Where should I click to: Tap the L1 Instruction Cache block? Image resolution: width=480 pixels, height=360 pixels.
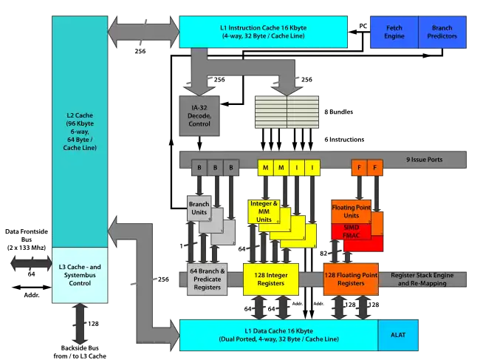click(x=263, y=31)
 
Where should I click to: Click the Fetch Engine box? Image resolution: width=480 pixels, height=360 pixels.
click(x=394, y=31)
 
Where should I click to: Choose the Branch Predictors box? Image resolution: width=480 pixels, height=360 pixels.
click(x=442, y=31)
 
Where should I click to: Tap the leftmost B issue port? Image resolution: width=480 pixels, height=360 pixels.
click(x=199, y=169)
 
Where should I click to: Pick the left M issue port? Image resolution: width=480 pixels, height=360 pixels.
click(x=265, y=169)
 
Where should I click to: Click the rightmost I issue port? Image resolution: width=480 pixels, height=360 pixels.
click(x=312, y=169)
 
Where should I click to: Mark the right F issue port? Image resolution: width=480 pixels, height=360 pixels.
click(x=375, y=169)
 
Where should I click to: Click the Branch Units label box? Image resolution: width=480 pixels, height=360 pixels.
click(x=198, y=208)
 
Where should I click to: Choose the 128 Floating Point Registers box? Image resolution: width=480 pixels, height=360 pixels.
click(x=351, y=279)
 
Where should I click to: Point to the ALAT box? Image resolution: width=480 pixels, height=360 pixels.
click(x=398, y=334)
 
